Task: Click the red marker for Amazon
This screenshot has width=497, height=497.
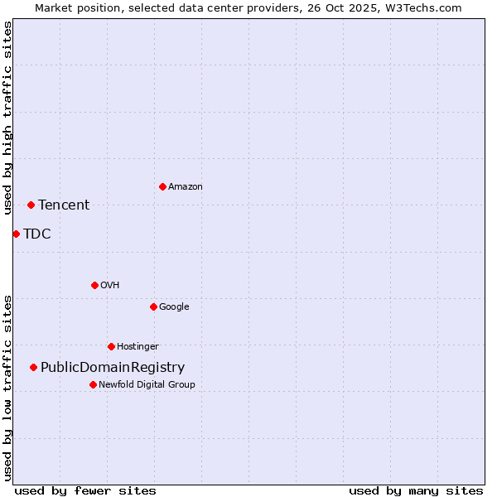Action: (x=162, y=186)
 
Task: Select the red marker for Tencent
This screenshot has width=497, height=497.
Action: (x=31, y=205)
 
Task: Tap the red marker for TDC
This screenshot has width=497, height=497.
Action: (x=16, y=234)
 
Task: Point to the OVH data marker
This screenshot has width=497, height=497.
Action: (x=94, y=285)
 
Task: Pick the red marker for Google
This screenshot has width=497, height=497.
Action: (x=153, y=306)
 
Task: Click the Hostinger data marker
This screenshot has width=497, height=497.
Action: (x=111, y=346)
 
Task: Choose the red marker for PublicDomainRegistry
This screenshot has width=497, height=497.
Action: (x=33, y=367)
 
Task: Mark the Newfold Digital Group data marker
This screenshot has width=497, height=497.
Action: (x=93, y=384)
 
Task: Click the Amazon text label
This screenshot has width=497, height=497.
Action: (x=186, y=187)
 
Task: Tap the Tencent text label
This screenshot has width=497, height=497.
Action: (x=64, y=205)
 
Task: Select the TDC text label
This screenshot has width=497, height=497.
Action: (x=37, y=234)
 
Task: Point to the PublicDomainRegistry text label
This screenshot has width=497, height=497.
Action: (x=113, y=368)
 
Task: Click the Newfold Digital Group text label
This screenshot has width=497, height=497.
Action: (x=147, y=384)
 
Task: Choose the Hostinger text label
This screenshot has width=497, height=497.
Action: (x=138, y=346)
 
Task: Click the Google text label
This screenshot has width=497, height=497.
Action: (x=174, y=306)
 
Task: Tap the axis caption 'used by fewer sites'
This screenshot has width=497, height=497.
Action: (x=85, y=490)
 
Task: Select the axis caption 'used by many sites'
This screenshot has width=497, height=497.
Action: (x=416, y=490)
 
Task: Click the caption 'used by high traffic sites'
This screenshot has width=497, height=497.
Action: (x=7, y=118)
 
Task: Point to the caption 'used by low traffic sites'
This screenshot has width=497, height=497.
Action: (x=7, y=388)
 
